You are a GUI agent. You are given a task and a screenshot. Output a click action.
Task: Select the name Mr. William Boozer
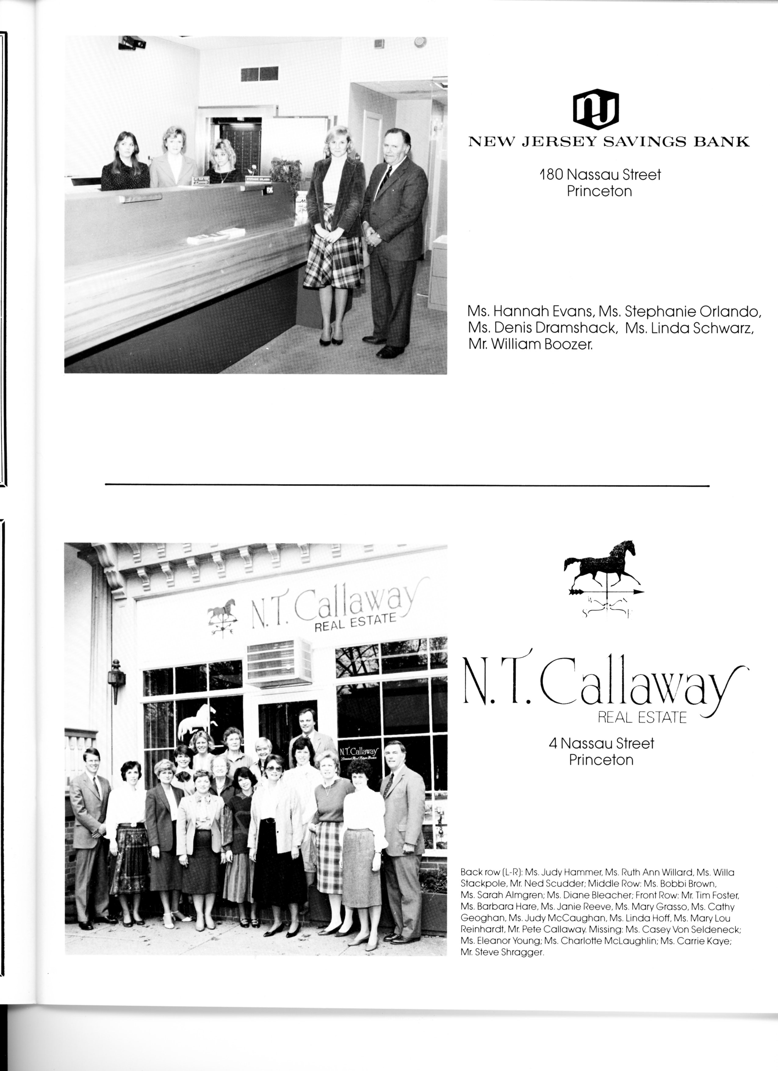[x=530, y=345]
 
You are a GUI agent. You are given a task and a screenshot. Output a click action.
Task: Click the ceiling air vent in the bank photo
[x=256, y=74]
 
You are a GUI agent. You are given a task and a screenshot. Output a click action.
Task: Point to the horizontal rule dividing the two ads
[x=407, y=485]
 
